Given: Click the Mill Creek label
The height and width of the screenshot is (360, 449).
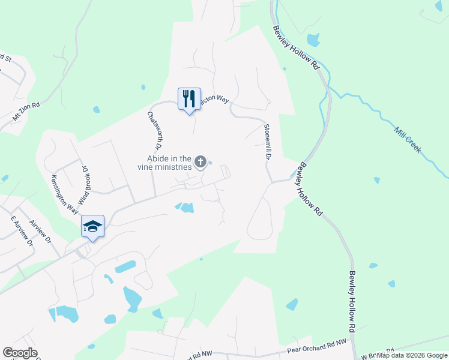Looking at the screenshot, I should (x=408, y=140).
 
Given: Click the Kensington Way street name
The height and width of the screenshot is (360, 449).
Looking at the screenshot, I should (x=64, y=194).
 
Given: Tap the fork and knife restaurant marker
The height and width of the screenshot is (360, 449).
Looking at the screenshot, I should (x=189, y=98).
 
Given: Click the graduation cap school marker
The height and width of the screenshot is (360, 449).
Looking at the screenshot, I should (x=92, y=226).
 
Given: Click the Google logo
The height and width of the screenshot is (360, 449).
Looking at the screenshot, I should (x=20, y=353).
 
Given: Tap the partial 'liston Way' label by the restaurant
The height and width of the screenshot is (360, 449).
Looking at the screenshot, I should (x=214, y=100).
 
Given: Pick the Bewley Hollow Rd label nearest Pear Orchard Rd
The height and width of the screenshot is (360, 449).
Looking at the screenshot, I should (x=353, y=302).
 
